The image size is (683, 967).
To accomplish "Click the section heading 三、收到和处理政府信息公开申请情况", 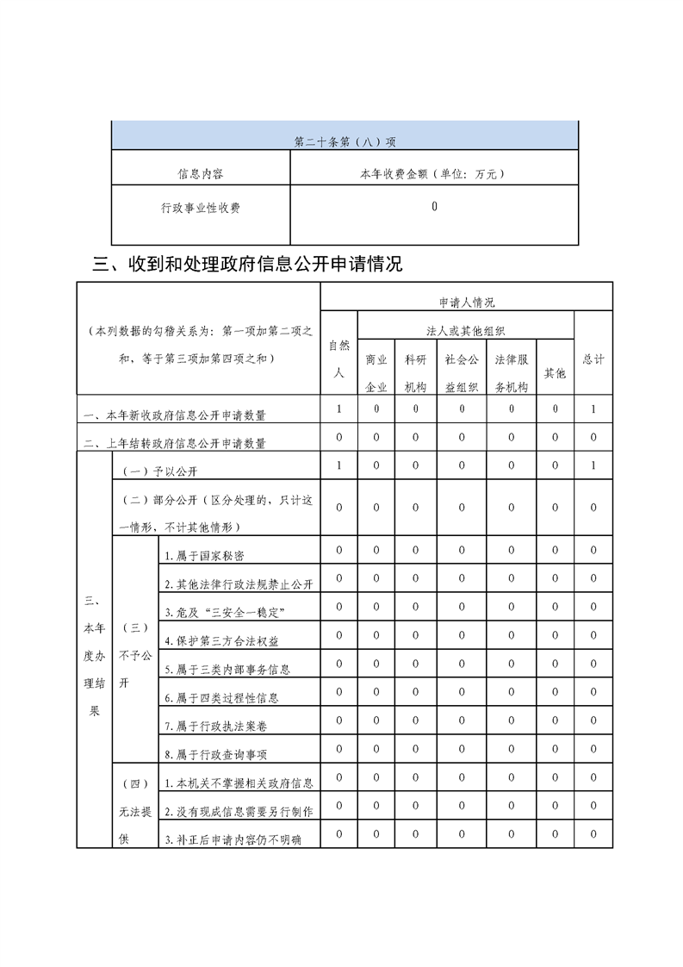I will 247,264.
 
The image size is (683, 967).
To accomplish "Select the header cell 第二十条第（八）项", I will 345,142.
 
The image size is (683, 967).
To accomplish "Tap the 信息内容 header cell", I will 201,173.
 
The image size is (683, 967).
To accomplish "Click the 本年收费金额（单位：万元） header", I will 432,173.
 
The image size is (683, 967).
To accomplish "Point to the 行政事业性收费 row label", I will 201,208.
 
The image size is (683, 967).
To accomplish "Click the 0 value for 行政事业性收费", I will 434,207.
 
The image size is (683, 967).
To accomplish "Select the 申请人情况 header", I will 466,303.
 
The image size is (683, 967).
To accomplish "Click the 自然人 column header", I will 338,359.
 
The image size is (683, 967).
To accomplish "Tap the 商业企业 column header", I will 376,373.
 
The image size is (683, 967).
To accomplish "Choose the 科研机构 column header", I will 416,373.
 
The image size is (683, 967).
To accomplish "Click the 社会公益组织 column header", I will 461,373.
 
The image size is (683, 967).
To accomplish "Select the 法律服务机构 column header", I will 511,373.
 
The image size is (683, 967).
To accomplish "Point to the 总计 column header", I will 593,359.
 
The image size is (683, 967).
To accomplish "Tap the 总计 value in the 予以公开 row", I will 593,466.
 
